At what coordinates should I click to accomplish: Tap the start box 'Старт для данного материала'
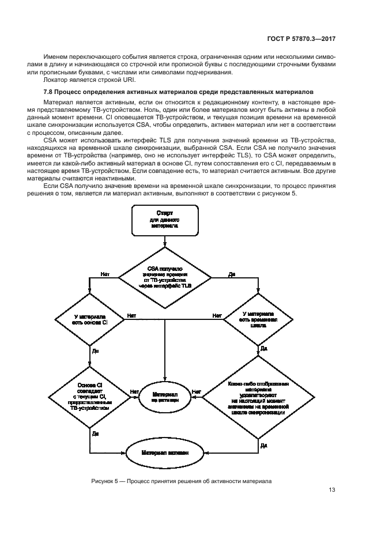point(165,220)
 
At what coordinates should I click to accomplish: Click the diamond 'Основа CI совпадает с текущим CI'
point(89,395)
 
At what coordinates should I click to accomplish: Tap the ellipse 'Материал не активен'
point(165,396)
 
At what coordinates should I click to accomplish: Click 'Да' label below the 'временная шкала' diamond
point(264,348)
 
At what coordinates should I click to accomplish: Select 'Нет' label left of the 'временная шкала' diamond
point(216,315)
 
